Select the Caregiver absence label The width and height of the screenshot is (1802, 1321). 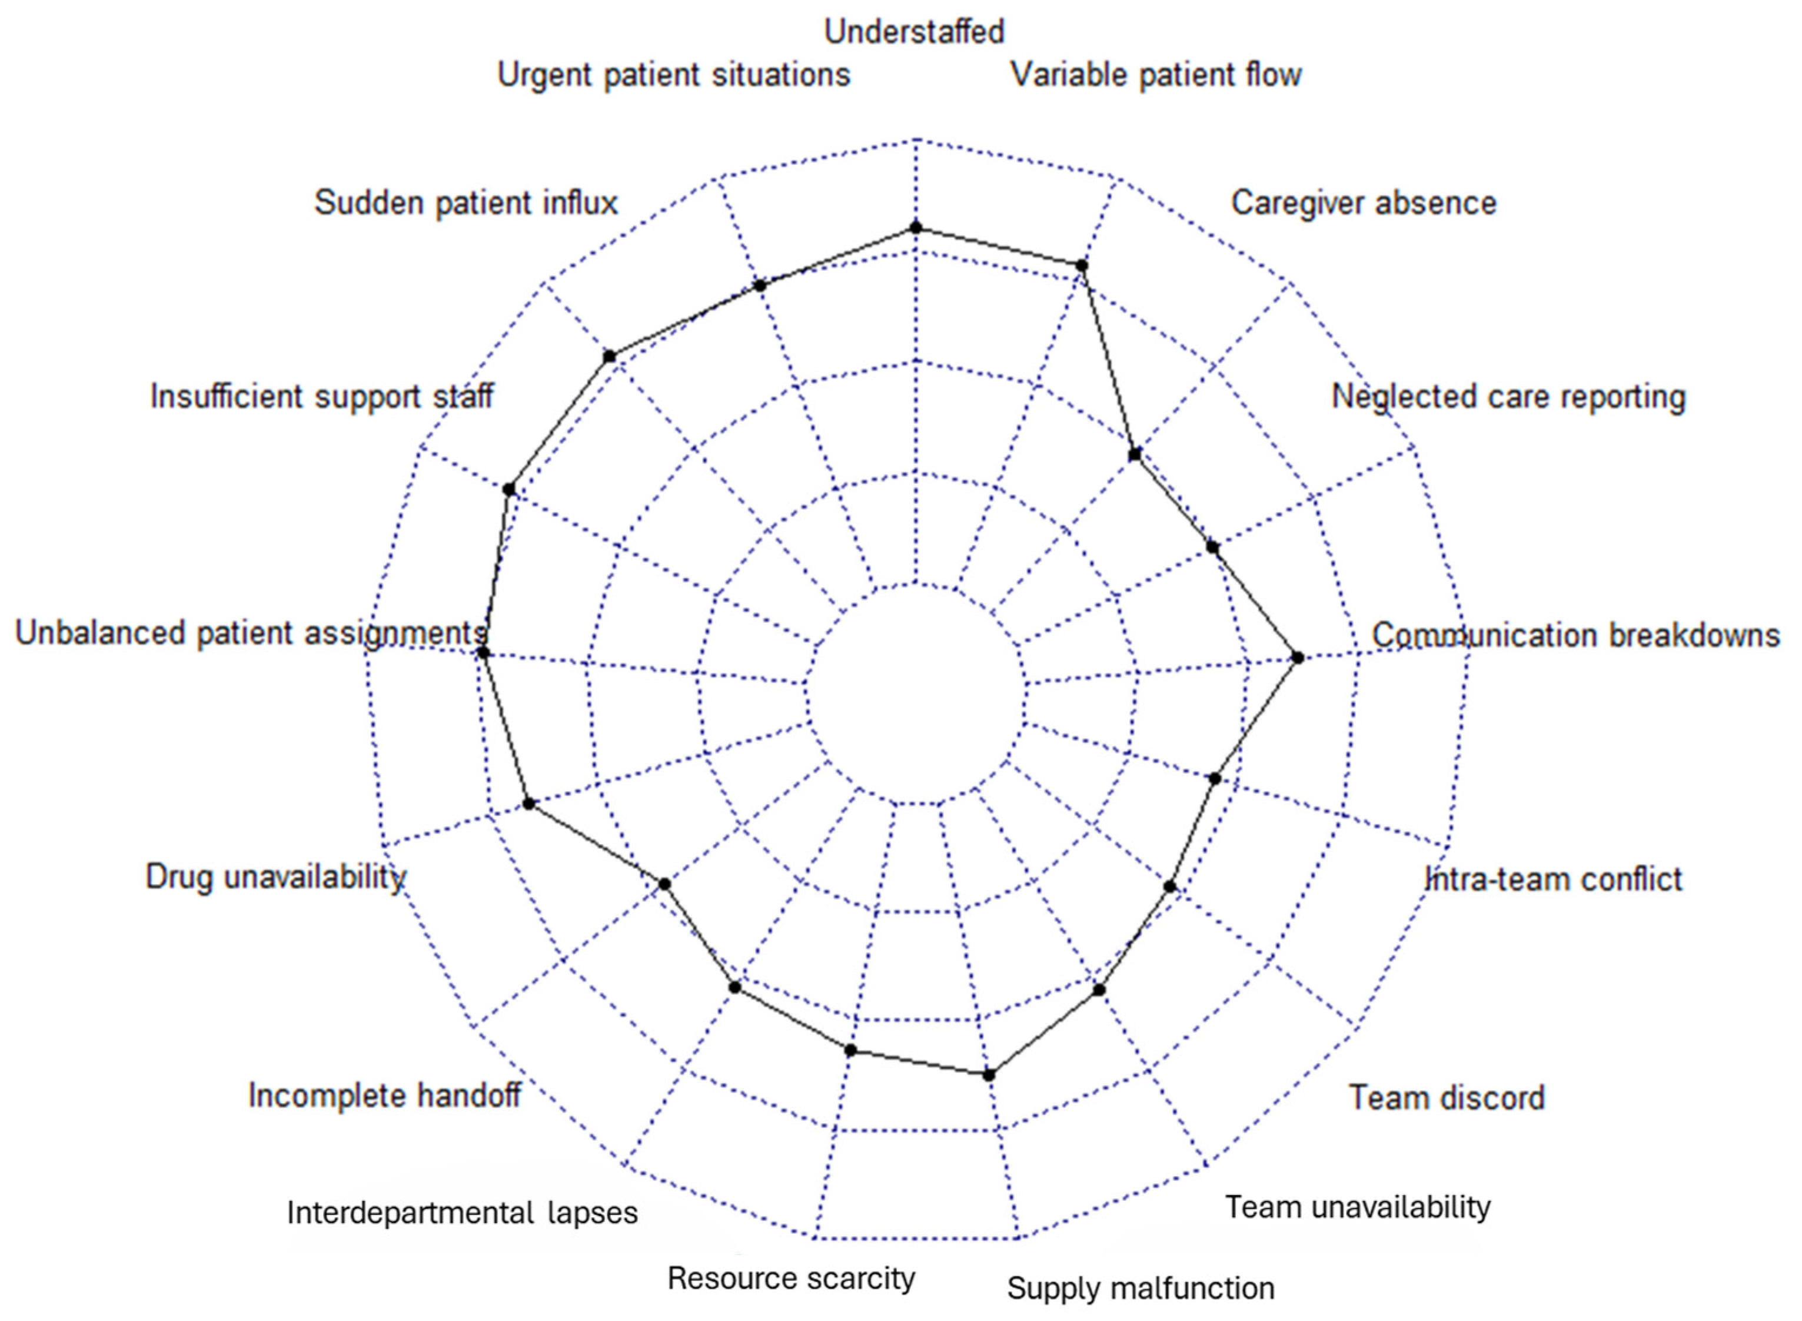pyautogui.click(x=1363, y=203)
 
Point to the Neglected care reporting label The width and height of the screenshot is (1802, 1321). pyautogui.click(x=1508, y=397)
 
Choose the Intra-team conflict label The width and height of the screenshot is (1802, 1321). pyautogui.click(x=1554, y=879)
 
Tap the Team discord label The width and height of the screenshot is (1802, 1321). pyautogui.click(x=1447, y=1098)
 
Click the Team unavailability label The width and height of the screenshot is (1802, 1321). pyautogui.click(x=1358, y=1207)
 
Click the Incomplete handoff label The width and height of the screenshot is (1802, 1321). pyautogui.click(x=384, y=1096)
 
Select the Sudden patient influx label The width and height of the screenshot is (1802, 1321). pyautogui.click(x=466, y=203)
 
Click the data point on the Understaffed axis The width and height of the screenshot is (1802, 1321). pyautogui.click(x=916, y=228)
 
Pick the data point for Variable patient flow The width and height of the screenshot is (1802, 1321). pyautogui.click(x=1081, y=265)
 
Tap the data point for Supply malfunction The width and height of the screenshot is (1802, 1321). pyautogui.click(x=989, y=1075)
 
